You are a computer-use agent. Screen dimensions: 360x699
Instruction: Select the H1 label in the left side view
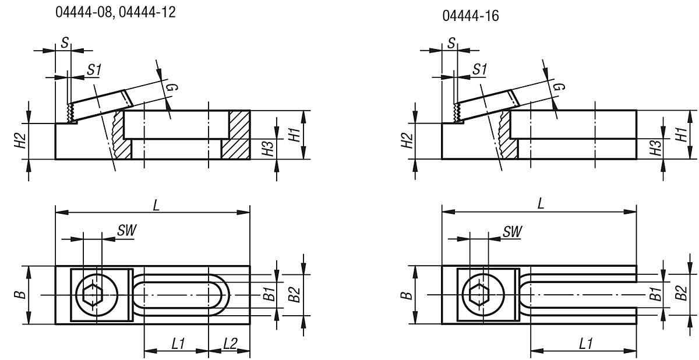point(295,135)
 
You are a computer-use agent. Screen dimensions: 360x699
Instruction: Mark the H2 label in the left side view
point(19,140)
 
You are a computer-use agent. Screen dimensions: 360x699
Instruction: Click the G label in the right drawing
point(558,87)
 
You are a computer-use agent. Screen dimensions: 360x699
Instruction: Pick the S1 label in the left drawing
point(94,69)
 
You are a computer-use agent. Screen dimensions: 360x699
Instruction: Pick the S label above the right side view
point(453,42)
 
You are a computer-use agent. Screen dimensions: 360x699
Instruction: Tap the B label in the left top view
point(21,295)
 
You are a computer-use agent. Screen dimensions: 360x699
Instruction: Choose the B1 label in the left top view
point(268,295)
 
